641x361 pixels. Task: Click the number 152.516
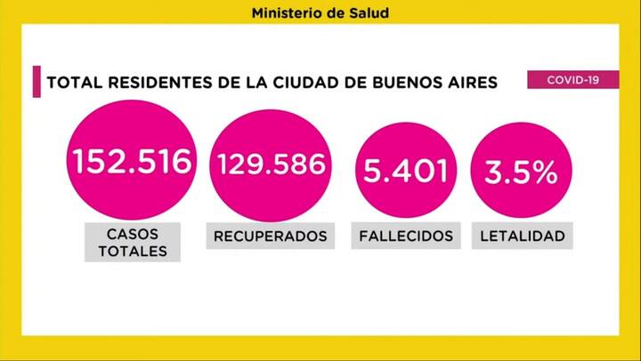coord(133,163)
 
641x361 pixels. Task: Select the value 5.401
coord(401,169)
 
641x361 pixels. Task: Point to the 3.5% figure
coord(521,172)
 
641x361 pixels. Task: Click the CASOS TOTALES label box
coord(132,242)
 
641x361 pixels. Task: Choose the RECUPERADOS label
coord(271,236)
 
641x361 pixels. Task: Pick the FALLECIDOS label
coord(406,236)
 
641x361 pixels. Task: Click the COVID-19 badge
coord(572,79)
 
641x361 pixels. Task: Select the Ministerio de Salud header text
coord(320,13)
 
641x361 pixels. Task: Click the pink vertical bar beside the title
coord(35,82)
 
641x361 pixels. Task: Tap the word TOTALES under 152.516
coord(132,251)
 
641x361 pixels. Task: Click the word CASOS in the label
coord(132,232)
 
